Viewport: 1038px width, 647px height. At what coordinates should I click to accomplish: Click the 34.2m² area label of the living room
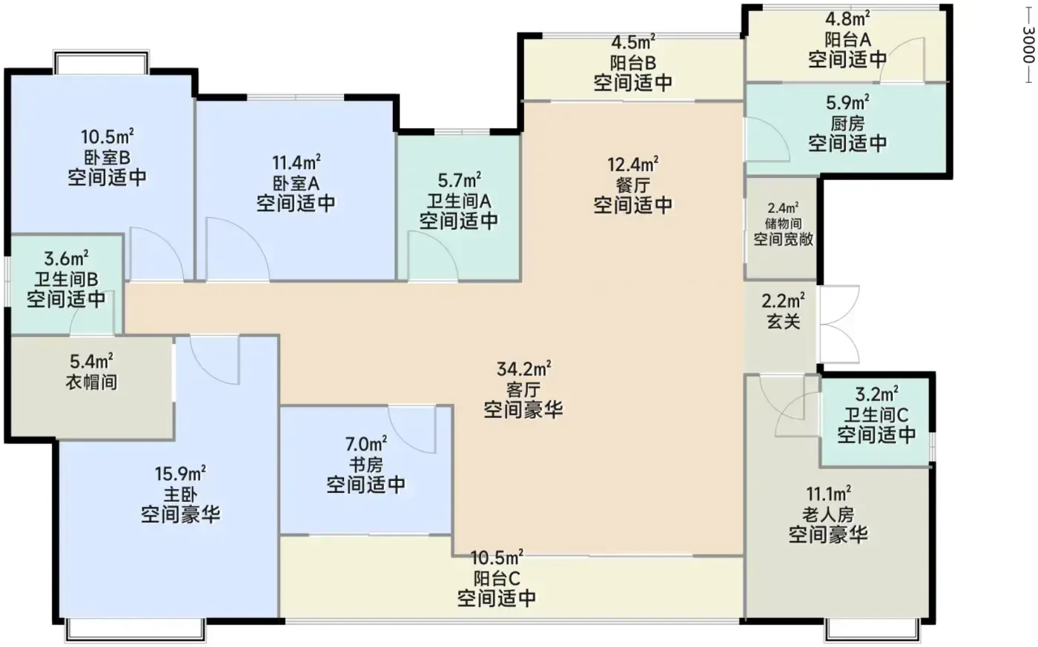523,369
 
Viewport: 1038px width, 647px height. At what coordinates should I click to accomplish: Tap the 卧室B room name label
107,157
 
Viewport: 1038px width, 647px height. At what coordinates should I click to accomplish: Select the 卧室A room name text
296,183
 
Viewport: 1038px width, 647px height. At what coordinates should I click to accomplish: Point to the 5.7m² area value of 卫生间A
459,179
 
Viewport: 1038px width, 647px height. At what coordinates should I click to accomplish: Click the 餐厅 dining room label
633,185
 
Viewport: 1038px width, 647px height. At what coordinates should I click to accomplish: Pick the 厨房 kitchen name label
847,124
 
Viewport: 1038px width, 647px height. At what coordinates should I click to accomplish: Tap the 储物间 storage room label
783,224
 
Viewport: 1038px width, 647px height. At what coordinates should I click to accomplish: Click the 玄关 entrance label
783,322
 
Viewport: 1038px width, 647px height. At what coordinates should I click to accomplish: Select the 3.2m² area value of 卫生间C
876,394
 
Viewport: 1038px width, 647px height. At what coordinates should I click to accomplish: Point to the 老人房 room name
828,514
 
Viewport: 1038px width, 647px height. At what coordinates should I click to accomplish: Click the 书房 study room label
366,465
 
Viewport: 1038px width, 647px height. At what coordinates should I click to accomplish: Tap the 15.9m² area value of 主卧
180,474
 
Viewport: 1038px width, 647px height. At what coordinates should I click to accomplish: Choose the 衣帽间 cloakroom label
91,382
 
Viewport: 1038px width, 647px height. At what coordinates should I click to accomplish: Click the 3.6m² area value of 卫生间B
66,259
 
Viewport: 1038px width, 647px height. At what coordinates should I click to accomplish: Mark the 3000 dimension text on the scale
1028,44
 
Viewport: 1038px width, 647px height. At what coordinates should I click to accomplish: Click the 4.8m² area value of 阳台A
847,19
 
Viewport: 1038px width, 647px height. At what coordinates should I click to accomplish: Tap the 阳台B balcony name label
633,62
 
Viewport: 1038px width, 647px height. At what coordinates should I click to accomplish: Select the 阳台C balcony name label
497,578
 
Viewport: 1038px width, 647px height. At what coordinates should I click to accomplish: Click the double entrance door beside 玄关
839,324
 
